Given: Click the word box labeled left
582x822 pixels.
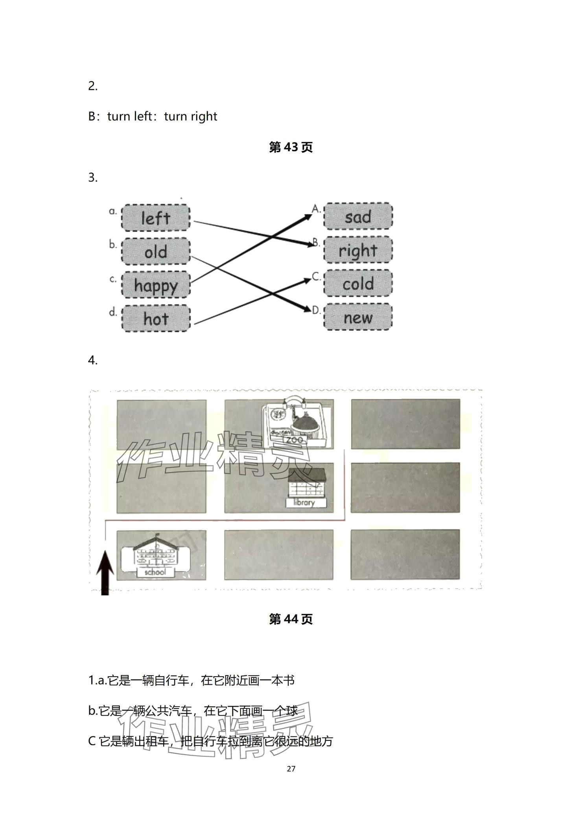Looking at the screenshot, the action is tap(156, 218).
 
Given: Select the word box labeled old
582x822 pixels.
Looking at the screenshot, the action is tap(156, 251).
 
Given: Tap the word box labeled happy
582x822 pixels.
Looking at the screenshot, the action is tap(156, 285).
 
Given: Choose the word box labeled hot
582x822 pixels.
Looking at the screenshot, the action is tap(156, 319).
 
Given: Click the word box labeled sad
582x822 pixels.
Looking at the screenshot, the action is tap(358, 216).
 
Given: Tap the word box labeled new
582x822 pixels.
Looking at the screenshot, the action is tap(358, 317).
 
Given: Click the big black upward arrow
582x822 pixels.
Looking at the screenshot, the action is tap(105, 573).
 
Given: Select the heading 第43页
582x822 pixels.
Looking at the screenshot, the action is tap(291, 147).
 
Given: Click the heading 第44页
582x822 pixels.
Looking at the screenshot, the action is tap(291, 619).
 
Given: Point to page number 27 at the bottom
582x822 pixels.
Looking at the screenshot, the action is tap(291, 769).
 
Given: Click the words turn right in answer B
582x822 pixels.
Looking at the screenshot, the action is tap(190, 117).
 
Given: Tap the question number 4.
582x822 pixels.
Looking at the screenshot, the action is tap(93, 360).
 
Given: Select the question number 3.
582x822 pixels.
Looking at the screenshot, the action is tap(93, 178).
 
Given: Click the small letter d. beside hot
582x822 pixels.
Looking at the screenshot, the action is tap(113, 312).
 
